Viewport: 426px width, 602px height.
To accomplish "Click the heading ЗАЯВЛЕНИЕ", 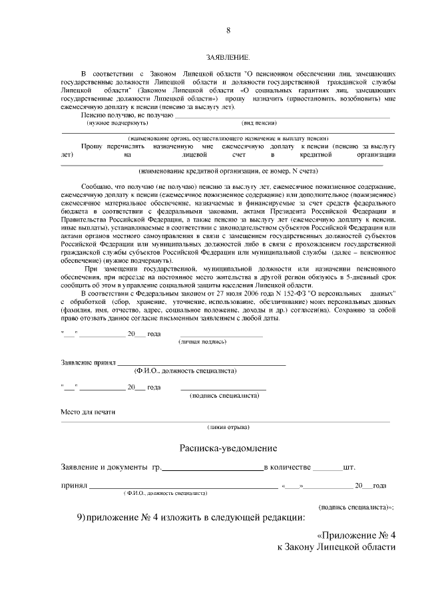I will point(228,59).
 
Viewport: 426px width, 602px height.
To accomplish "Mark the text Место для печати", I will point(88,412).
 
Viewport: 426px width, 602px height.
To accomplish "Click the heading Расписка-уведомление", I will point(228,448).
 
